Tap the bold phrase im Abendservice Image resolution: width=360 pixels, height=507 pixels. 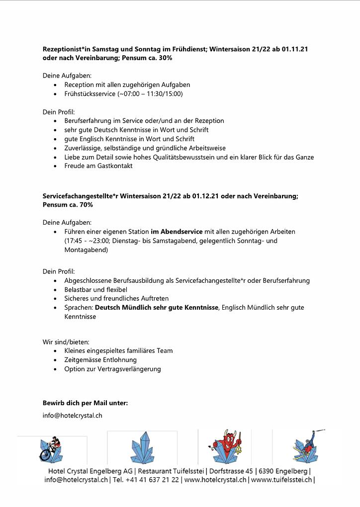pos(177,232)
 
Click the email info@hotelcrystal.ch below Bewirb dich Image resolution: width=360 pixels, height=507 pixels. pos(72,415)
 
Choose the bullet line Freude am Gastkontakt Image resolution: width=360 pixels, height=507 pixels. pos(98,166)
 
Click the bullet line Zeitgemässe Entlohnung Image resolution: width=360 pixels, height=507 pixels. pos(100,360)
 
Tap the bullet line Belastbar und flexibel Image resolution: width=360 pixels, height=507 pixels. pos(95,289)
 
